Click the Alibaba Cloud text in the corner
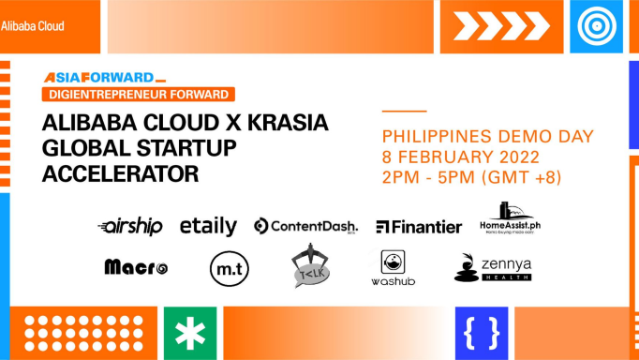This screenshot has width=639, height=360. click(x=33, y=26)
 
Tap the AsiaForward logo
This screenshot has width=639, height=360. click(x=104, y=78)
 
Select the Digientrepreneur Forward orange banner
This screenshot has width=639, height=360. click(x=138, y=94)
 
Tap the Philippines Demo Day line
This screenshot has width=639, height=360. click(x=486, y=136)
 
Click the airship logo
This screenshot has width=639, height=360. click(x=130, y=226)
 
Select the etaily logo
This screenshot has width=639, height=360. click(x=208, y=226)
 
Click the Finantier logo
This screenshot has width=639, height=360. click(x=419, y=227)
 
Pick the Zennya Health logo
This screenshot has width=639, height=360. click(x=492, y=267)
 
